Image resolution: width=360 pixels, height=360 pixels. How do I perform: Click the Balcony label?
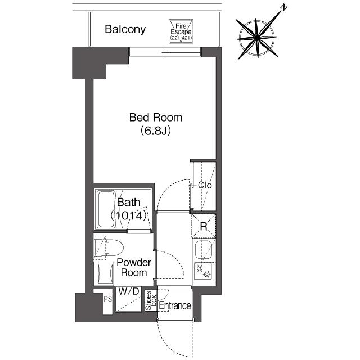(125, 29)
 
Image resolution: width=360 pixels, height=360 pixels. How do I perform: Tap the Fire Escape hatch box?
(181, 31)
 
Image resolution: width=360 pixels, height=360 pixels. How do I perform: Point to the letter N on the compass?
(284, 8)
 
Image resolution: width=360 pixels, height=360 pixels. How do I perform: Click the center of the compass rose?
(256, 38)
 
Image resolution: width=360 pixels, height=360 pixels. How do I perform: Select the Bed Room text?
(156, 118)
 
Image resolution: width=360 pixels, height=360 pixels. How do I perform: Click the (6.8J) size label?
(156, 130)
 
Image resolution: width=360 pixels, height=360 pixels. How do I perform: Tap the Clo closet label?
(205, 185)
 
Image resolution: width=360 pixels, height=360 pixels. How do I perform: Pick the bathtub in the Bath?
(106, 209)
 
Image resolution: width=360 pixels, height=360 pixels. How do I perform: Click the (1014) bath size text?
(128, 215)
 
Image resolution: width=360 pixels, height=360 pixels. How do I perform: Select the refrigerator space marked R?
(204, 226)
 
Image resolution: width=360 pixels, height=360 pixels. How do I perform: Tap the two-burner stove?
(204, 271)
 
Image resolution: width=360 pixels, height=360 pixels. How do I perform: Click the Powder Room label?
(134, 268)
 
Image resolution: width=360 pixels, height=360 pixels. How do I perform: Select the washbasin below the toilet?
(105, 274)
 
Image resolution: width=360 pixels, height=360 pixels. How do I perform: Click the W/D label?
(129, 291)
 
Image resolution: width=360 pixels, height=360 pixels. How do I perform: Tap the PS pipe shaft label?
(107, 299)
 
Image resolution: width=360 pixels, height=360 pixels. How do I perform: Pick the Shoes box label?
(151, 300)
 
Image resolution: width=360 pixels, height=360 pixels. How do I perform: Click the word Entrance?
(175, 305)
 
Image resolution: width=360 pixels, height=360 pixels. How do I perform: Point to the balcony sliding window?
(165, 52)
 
